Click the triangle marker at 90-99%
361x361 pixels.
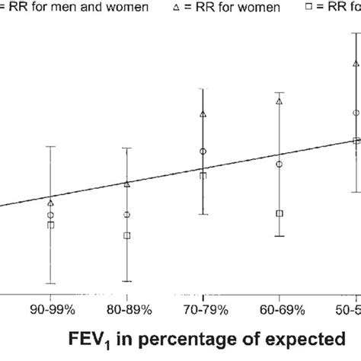pos(50,203)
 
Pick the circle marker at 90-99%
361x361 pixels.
pos(50,216)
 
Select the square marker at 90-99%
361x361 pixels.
pos(50,225)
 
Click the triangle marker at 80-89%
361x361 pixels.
pos(127,183)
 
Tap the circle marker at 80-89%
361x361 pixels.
pos(127,215)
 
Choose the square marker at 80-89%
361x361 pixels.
pos(127,235)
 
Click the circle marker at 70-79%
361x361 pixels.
pos(203,152)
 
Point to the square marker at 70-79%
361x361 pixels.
pos(203,176)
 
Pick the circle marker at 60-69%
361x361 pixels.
pos(280,164)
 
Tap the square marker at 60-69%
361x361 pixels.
pos(280,213)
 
